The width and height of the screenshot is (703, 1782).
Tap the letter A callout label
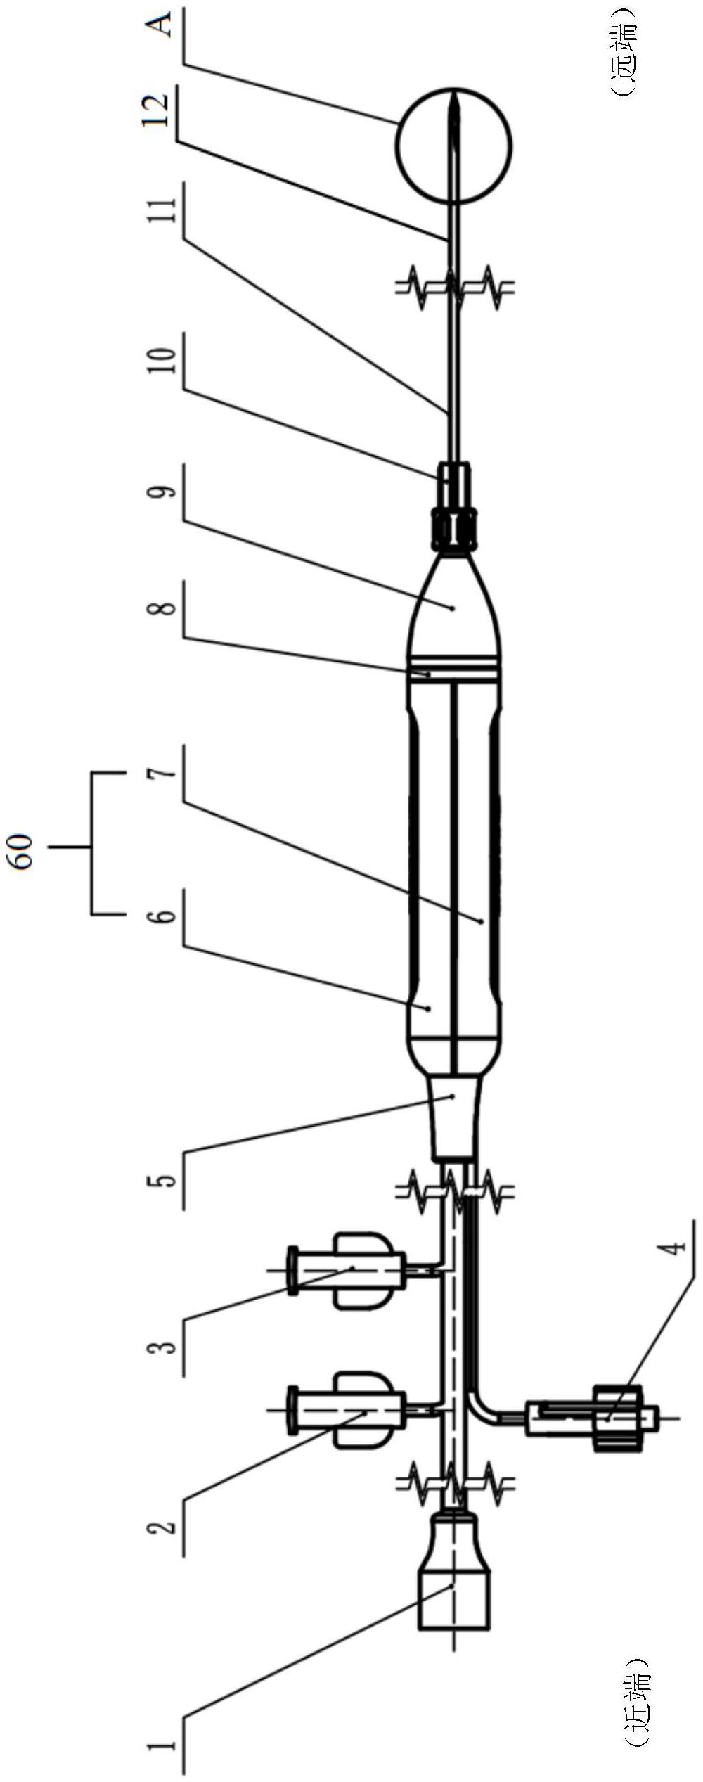point(162,27)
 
